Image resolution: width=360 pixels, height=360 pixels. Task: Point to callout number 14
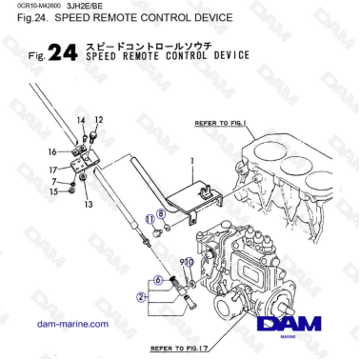tap(81, 120)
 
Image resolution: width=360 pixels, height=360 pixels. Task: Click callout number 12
tap(98, 120)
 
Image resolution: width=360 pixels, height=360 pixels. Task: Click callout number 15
tap(54, 191)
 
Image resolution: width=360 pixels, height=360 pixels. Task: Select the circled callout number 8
tap(161, 215)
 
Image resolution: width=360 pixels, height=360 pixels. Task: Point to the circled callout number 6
tap(158, 279)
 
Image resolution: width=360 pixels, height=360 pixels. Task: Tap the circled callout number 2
tap(140, 296)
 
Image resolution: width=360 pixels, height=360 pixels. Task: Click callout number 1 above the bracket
tap(191, 161)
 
